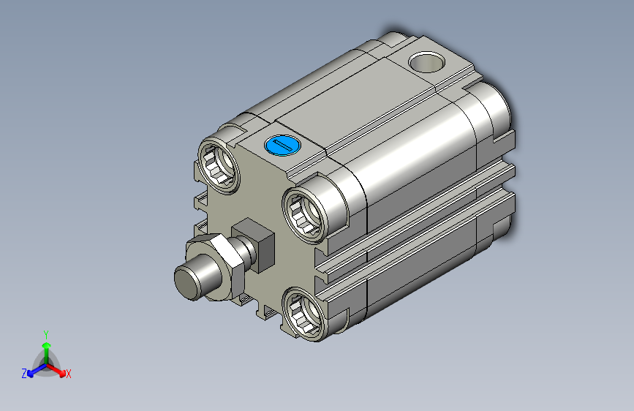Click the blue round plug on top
pyautogui.click(x=283, y=146)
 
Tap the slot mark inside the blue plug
pyautogui.click(x=283, y=146)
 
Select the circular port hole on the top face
pyautogui.click(x=426, y=62)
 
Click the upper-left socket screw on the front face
pyautogui.click(x=219, y=165)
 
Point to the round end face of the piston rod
pyautogui.click(x=187, y=283)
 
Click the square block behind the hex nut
pyautogui.click(x=254, y=244)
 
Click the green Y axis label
pyautogui.click(x=46, y=334)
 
